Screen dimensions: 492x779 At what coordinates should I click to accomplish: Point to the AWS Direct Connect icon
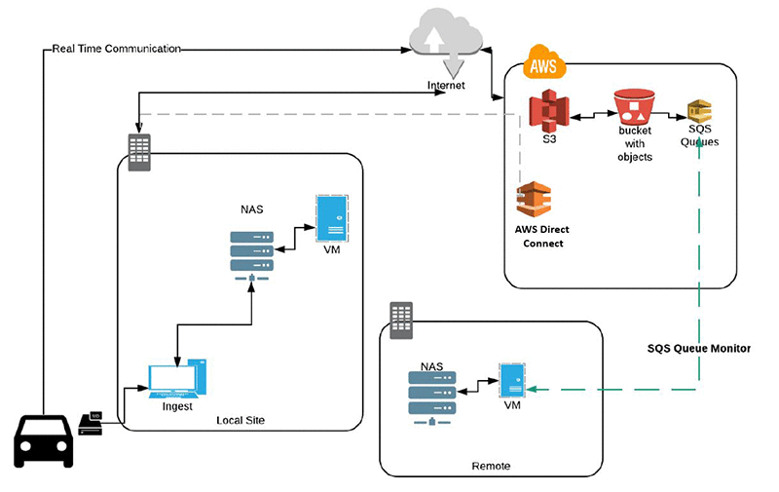click(535, 200)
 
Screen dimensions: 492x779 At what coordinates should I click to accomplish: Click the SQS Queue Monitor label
click(699, 348)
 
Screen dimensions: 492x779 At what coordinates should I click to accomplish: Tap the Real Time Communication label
click(116, 48)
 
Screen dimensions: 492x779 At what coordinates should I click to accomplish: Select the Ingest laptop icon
click(177, 379)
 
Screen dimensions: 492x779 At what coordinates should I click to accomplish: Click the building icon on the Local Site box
click(140, 151)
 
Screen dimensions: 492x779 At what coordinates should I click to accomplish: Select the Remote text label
click(490, 467)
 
